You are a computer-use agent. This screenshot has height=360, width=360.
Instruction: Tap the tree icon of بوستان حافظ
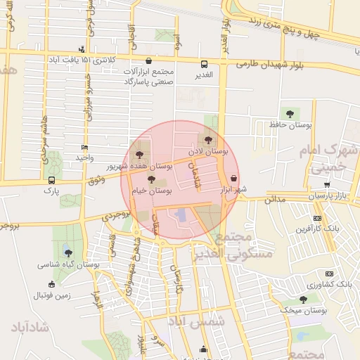[290, 113]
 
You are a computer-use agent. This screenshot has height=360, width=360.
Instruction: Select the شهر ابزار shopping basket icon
[233, 179]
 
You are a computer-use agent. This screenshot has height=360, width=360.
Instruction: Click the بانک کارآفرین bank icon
[317, 217]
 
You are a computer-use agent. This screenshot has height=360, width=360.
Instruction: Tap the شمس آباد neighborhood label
[188, 321]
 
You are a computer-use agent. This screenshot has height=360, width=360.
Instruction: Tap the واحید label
[85, 157]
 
